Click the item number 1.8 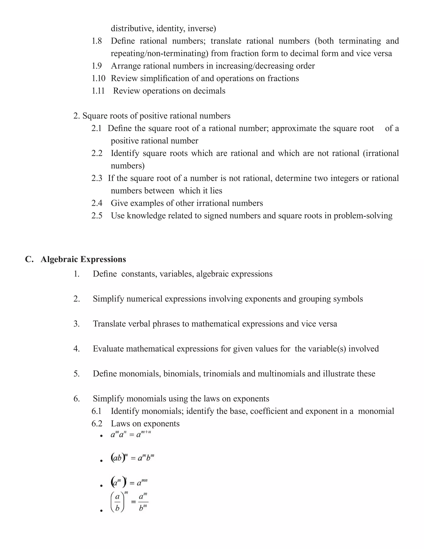tap(97, 41)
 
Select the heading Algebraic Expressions tap(83, 259)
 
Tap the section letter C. tap(29, 259)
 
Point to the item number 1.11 tap(98, 91)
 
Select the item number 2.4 tap(97, 203)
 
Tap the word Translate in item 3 tap(109, 324)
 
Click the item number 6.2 tap(97, 424)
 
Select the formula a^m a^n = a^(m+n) tap(131, 434)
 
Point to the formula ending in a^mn tap(129, 483)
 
